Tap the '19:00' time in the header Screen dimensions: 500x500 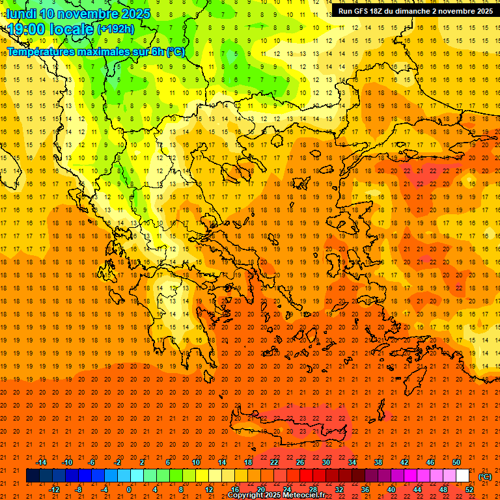[26, 29]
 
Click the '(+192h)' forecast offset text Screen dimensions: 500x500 [116, 29]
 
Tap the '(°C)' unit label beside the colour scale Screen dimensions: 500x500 [485, 477]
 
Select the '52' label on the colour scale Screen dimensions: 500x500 [469, 490]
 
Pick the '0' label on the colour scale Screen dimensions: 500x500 [129, 490]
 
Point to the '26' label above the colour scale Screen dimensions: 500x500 [300, 463]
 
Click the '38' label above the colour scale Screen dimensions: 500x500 [378, 463]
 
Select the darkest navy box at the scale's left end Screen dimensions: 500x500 [33, 476]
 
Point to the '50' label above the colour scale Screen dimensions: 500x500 [456, 463]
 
